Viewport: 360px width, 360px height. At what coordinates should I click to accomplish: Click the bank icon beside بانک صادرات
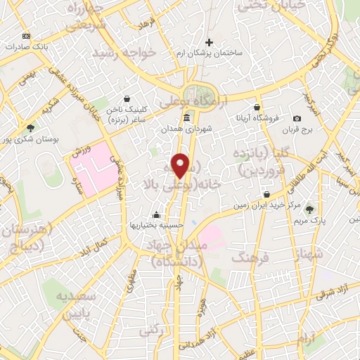coord(27,35)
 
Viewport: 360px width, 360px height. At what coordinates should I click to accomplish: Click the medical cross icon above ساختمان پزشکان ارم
coord(209,43)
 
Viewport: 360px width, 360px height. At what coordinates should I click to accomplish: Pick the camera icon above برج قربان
coord(297,118)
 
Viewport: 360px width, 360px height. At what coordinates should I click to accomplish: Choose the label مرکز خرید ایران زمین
coord(268,206)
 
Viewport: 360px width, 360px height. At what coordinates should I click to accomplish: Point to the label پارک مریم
coord(309,221)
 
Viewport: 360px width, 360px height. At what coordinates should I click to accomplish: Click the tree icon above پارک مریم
coord(309,209)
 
